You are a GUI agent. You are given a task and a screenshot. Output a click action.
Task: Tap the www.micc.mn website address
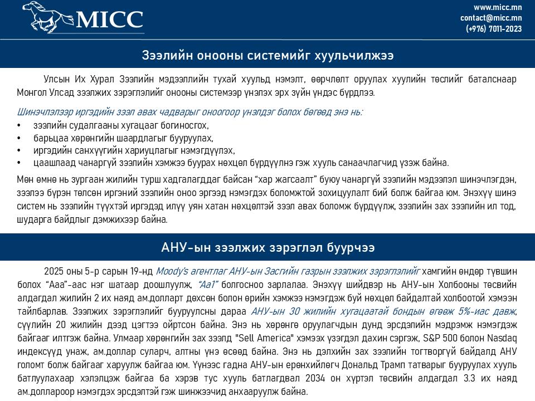point(498,7)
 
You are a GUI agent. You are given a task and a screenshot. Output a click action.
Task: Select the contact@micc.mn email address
point(491,18)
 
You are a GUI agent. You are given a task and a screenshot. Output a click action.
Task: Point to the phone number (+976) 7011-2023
point(494,29)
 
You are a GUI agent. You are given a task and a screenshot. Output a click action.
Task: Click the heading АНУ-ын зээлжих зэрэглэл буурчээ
point(267,247)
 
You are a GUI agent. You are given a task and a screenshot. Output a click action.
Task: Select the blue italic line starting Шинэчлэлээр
point(190,112)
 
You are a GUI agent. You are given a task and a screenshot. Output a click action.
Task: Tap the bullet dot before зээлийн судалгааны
point(20,125)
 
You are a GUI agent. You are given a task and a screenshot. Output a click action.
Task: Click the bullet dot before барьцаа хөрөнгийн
point(20,138)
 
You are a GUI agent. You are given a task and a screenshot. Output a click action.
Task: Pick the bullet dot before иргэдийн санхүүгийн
point(20,151)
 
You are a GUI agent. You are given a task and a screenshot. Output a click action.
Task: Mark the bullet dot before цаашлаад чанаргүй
point(20,163)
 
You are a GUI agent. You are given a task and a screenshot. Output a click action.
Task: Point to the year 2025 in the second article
point(55,272)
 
